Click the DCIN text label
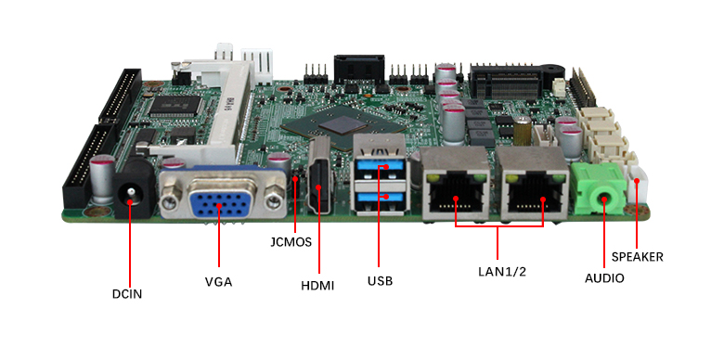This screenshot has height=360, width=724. click(x=127, y=294)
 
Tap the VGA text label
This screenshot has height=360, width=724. click(x=218, y=281)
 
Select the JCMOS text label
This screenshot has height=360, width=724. click(x=291, y=242)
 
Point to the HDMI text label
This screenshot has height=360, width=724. click(x=317, y=286)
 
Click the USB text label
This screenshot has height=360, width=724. click(x=380, y=280)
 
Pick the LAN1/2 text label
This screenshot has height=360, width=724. click(x=502, y=271)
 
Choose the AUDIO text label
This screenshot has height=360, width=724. click(x=604, y=278)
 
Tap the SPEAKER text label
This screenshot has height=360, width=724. click(x=637, y=257)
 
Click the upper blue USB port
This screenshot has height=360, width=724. click(x=380, y=166)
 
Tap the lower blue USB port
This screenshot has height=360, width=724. click(x=380, y=197)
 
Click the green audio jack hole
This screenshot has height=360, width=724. click(x=605, y=199)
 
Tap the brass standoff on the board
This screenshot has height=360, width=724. click(x=523, y=132)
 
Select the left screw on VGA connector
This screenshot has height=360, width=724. click(x=169, y=201)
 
